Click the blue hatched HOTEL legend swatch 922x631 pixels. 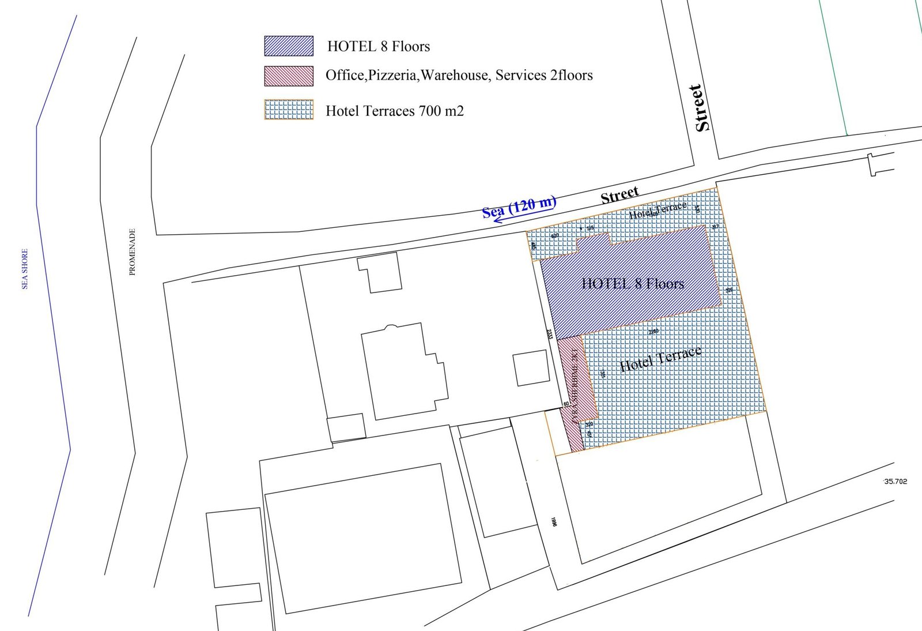[289, 46]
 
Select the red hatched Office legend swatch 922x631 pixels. [289, 76]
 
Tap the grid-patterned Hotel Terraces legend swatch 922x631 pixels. [289, 110]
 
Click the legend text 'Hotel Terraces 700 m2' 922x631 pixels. [395, 111]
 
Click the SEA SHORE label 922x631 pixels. [25, 269]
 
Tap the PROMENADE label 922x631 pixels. [133, 251]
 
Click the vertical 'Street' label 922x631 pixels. [701, 108]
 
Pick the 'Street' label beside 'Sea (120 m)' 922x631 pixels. [619, 195]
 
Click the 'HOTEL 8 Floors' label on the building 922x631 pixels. [633, 284]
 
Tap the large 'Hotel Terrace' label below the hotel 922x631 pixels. [660, 359]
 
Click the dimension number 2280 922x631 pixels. [653, 332]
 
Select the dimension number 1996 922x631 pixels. [554, 521]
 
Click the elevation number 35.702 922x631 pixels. [895, 481]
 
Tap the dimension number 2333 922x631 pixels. [549, 334]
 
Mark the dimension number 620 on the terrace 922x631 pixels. [555, 236]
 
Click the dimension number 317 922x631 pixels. [715, 227]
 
